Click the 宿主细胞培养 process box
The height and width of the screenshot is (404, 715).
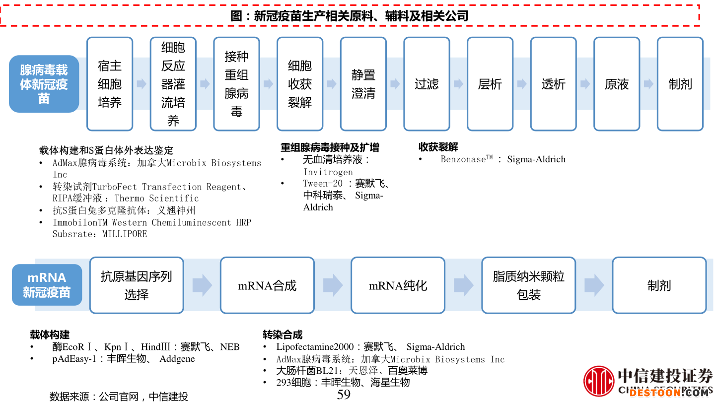pyautogui.click(x=110, y=84)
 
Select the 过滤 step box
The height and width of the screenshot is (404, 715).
pyautogui.click(x=427, y=84)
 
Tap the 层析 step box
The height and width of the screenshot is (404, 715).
pyautogui.click(x=490, y=84)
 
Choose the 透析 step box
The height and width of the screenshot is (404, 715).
pyautogui.click(x=553, y=84)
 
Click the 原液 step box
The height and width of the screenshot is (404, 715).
pyautogui.click(x=617, y=84)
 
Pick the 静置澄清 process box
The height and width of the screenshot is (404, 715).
pyautogui.click(x=363, y=84)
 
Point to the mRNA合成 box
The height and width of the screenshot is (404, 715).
pyautogui.click(x=267, y=285)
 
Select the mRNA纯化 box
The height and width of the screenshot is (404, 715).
pyautogui.click(x=398, y=285)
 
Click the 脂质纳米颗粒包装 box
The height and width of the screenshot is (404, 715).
pyautogui.click(x=528, y=285)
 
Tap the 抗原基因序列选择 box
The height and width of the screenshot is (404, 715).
pyautogui.click(x=137, y=285)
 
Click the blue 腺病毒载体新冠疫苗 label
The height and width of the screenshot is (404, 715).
pyautogui.click(x=44, y=84)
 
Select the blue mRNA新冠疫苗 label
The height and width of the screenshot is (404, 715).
pyautogui.click(x=47, y=285)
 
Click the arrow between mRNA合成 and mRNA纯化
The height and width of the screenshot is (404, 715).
pyautogui.click(x=333, y=285)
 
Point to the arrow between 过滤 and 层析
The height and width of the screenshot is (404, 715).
pyautogui.click(x=458, y=84)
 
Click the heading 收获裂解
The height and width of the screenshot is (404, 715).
pyautogui.click(x=438, y=147)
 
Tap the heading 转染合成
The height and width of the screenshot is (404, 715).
pyautogui.click(x=283, y=335)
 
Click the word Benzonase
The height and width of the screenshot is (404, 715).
pyautogui.click(x=463, y=159)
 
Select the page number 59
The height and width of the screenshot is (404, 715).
pyautogui.click(x=344, y=395)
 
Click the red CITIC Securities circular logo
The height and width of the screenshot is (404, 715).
pyautogui.click(x=598, y=381)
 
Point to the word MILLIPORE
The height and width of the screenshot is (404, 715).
pyautogui.click(x=125, y=234)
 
